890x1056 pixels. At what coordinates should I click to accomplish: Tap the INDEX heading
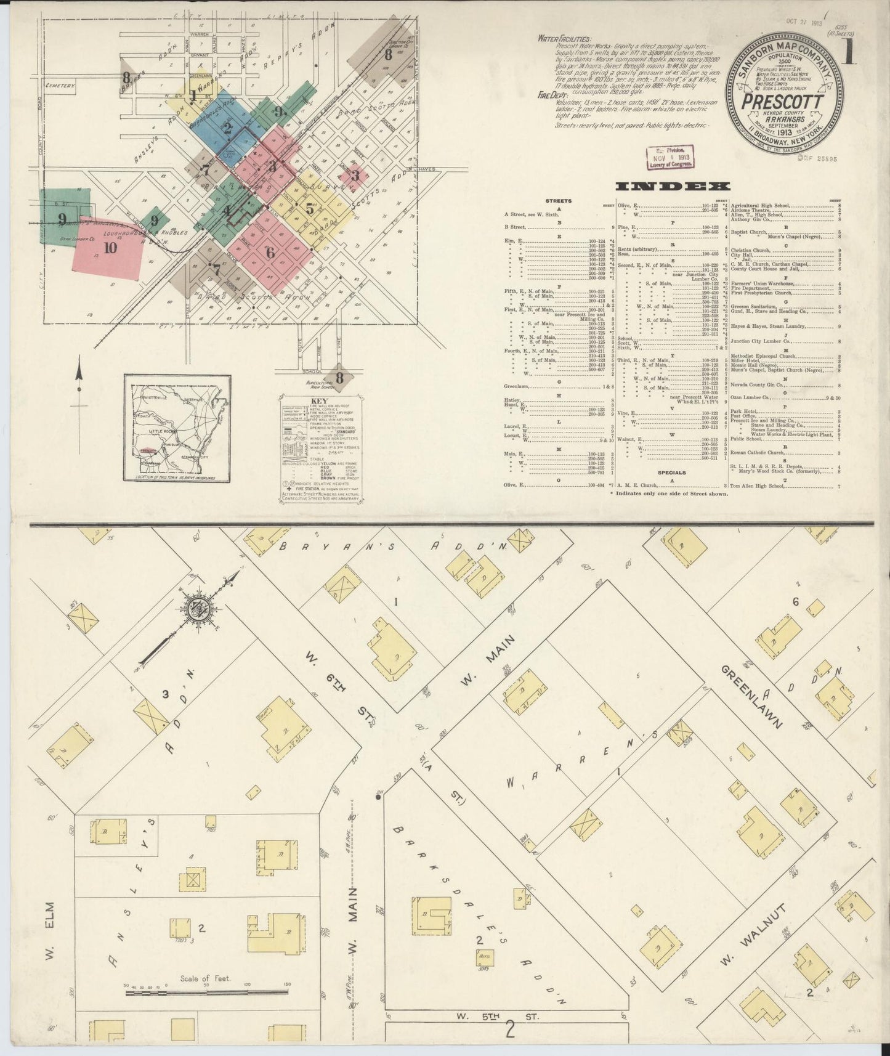673,187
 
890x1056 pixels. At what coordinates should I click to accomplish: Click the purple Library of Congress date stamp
666,158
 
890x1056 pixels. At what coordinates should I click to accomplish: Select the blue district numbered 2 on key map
226,128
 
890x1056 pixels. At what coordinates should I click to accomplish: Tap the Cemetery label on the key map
59,86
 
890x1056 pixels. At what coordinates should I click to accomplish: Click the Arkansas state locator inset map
177,427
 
